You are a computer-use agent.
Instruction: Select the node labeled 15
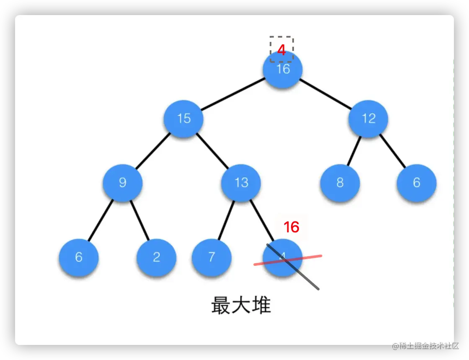(x=183, y=118)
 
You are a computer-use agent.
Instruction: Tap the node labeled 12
(x=368, y=118)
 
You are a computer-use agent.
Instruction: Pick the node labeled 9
(x=123, y=183)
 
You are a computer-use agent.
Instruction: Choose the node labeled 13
(x=241, y=183)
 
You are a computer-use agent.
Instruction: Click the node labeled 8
(x=340, y=183)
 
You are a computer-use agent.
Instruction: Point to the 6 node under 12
(x=416, y=183)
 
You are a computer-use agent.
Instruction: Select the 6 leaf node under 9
(x=79, y=257)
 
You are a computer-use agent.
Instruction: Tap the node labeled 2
(x=156, y=257)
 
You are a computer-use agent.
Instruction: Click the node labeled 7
(x=211, y=257)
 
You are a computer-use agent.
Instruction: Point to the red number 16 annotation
(x=291, y=227)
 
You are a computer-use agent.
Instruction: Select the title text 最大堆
(x=241, y=305)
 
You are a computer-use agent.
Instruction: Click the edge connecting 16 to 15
(x=233, y=95)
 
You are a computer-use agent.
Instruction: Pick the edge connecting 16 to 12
(x=326, y=94)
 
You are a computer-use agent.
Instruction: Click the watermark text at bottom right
(x=425, y=346)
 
